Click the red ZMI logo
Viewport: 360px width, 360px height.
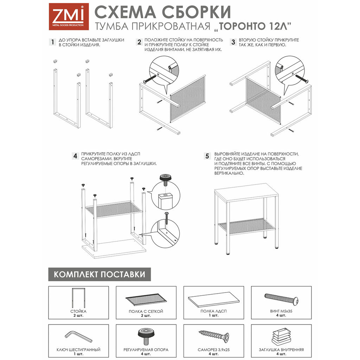click(66, 16)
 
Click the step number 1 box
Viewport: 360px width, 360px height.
click(52, 43)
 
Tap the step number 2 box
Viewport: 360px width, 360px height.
click(139, 43)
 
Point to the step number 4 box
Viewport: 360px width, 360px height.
click(75, 156)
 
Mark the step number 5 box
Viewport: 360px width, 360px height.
click(207, 156)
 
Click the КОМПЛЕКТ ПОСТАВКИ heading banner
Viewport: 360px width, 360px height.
click(99, 274)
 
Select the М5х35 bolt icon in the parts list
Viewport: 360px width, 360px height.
click(282, 299)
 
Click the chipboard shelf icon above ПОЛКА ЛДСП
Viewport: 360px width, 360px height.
click(214, 299)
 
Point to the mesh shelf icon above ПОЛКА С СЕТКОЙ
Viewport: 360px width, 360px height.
click(146, 299)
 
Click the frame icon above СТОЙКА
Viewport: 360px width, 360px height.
click(78, 298)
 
